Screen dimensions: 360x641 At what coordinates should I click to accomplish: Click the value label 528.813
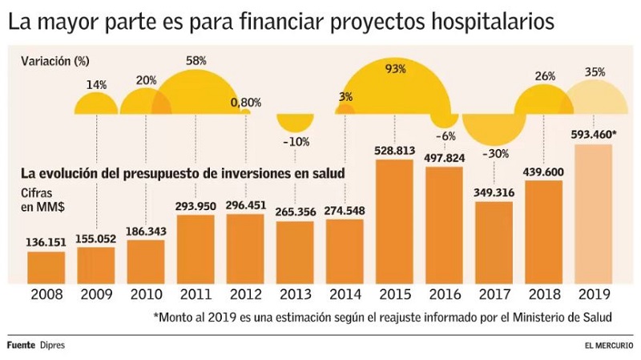[x=394, y=150]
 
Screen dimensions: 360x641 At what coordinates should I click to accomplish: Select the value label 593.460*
[x=594, y=134]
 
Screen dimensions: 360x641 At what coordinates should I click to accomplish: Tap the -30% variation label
[x=494, y=154]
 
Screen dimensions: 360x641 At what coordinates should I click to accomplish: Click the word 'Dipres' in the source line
[x=53, y=345]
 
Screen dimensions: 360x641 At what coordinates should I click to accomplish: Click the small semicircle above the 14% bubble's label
[x=96, y=103]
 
